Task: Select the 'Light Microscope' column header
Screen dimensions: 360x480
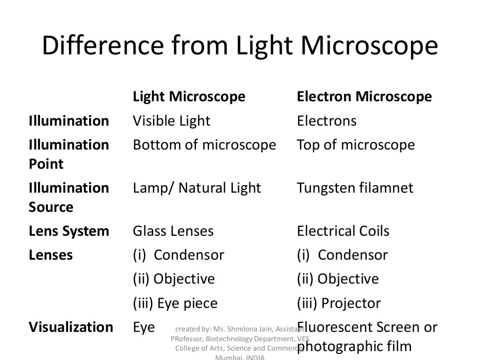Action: pyautogui.click(x=189, y=97)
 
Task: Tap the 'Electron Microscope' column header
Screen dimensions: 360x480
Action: pyautogui.click(x=364, y=97)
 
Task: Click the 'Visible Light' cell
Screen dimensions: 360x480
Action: pyautogui.click(x=172, y=121)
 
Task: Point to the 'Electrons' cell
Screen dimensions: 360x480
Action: pyautogui.click(x=327, y=121)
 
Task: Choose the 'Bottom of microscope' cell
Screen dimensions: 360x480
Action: pyautogui.click(x=204, y=145)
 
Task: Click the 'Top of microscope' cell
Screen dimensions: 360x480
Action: pyautogui.click(x=356, y=145)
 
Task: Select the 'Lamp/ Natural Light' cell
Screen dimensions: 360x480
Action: pyautogui.click(x=197, y=188)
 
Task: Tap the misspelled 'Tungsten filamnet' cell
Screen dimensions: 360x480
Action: pyautogui.click(x=355, y=188)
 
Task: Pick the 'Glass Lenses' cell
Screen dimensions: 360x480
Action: pyautogui.click(x=173, y=232)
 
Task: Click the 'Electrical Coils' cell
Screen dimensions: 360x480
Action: pyautogui.click(x=343, y=232)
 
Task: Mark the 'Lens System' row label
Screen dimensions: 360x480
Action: pyautogui.click(x=69, y=232)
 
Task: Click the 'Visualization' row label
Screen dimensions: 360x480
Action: pyautogui.click(x=71, y=327)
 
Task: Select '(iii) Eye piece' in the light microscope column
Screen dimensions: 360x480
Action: pyautogui.click(x=175, y=304)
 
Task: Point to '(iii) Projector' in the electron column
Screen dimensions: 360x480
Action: pyautogui.click(x=339, y=304)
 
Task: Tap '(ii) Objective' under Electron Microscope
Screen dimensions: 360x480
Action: pyautogui.click(x=338, y=279)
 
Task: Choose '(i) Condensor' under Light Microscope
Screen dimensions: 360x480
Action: pyautogui.click(x=179, y=255)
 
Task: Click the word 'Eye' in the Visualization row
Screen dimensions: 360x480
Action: pyautogui.click(x=143, y=327)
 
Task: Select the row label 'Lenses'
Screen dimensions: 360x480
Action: pyautogui.click(x=51, y=255)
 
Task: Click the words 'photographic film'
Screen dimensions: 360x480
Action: pyautogui.click(x=354, y=347)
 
